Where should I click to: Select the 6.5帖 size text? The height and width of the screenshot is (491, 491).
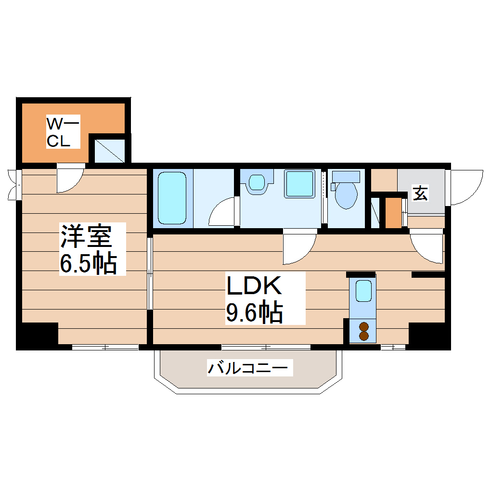[x=89, y=262]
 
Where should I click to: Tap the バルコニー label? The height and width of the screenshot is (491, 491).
[x=249, y=369]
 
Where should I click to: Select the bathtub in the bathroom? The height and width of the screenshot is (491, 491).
[x=172, y=198]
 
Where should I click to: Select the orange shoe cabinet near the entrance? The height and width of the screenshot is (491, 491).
[x=393, y=212]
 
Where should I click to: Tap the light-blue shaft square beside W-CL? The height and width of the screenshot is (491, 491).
[x=109, y=150]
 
